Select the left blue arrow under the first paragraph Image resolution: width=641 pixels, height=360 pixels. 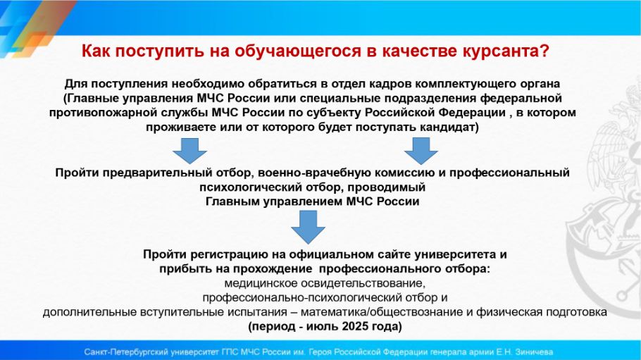tap(189, 151)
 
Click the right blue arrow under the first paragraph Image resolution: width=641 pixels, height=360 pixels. tap(421, 151)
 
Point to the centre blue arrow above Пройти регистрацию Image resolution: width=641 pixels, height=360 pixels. tap(309, 227)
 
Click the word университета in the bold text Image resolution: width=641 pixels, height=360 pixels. tap(456, 255)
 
